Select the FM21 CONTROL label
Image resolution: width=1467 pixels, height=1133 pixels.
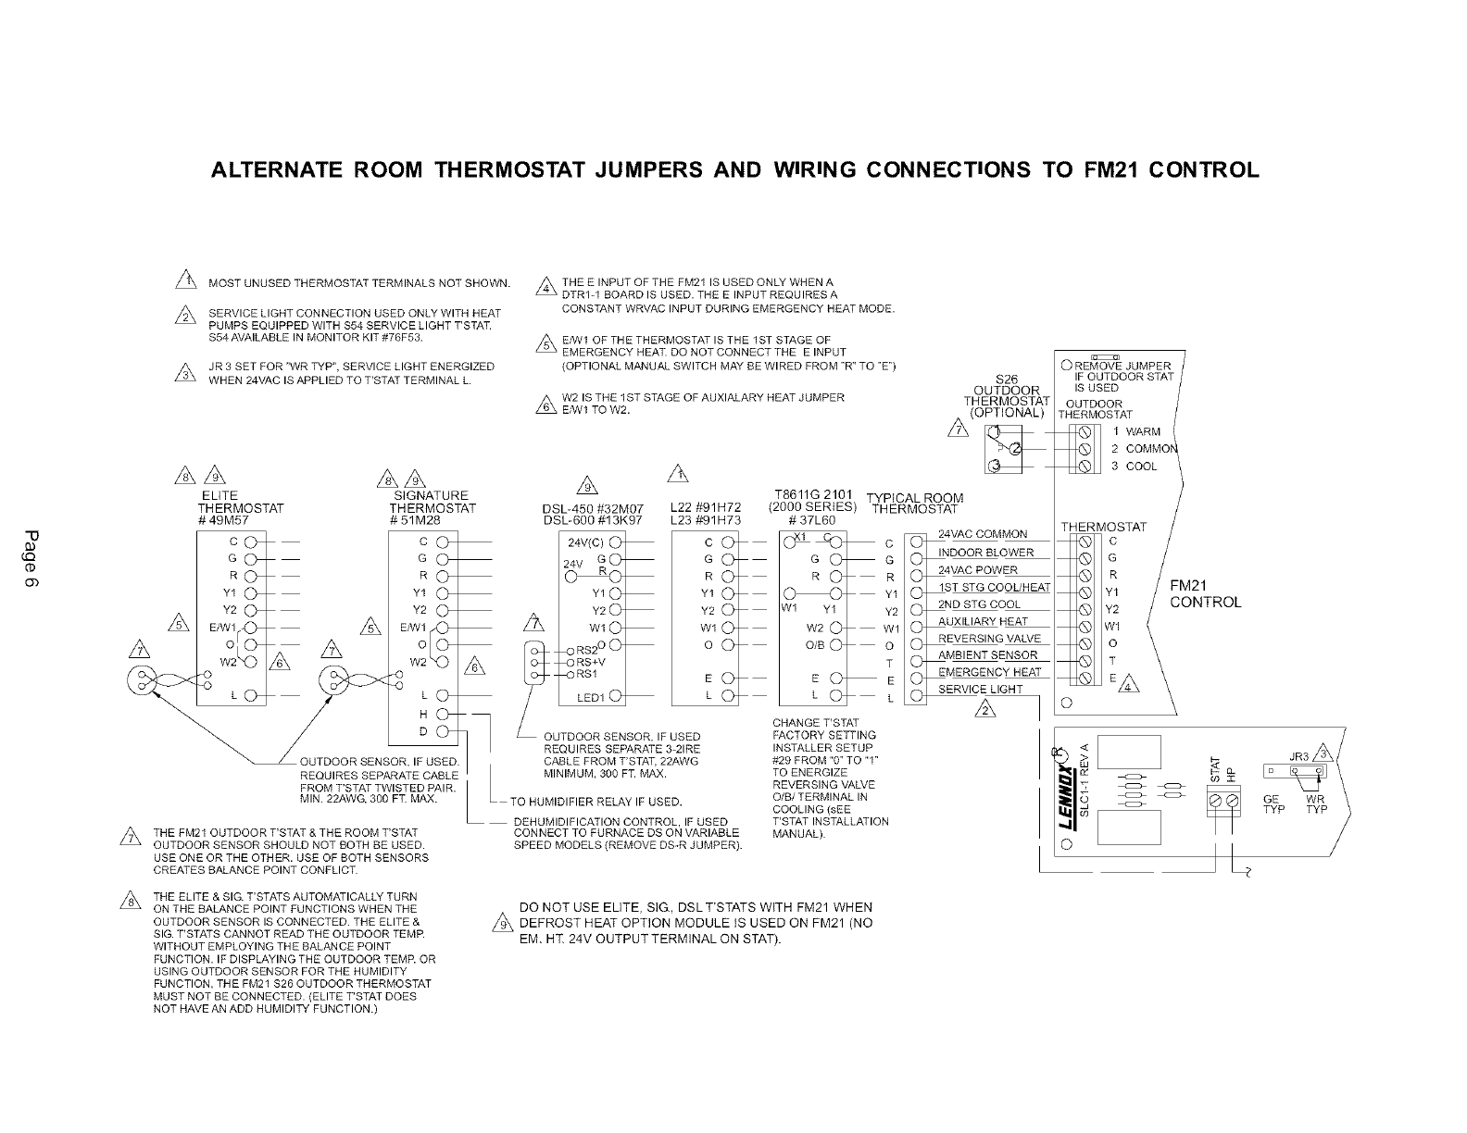click(1205, 593)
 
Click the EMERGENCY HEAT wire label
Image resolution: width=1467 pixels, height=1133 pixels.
click(989, 672)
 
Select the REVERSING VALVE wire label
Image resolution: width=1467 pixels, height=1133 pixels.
click(989, 639)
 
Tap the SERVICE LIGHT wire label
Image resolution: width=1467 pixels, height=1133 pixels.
click(981, 690)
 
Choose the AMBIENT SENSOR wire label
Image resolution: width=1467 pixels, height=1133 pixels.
click(987, 655)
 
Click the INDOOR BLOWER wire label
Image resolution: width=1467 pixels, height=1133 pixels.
click(985, 553)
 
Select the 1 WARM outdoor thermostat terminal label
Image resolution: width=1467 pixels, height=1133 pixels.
click(1136, 431)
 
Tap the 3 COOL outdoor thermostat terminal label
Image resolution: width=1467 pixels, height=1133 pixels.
click(1135, 467)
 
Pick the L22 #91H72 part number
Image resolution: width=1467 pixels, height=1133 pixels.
click(706, 508)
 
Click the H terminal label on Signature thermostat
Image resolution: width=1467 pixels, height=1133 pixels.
click(423, 714)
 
